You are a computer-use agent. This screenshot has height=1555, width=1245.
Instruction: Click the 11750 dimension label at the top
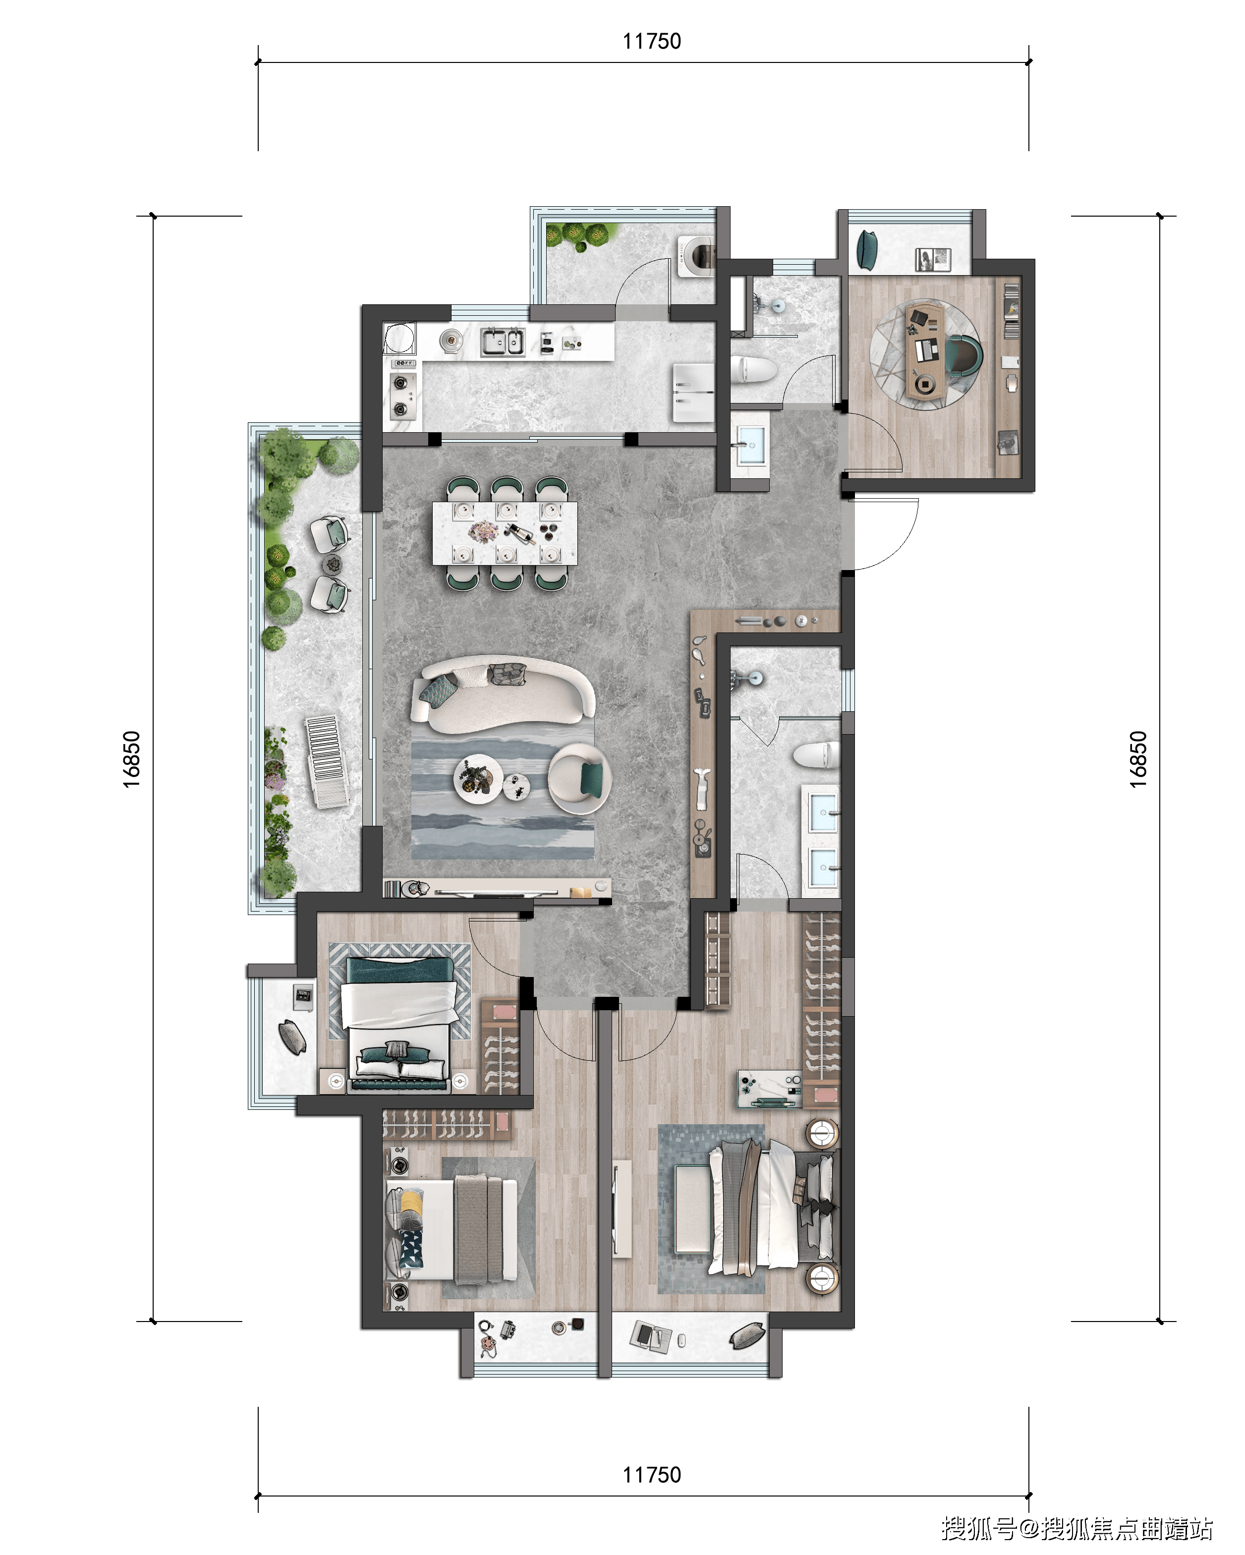pyautogui.click(x=651, y=41)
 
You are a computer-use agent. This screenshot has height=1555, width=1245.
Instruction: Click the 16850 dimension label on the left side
pyautogui.click(x=131, y=759)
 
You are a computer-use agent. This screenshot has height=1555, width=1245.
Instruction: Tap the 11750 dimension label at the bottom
pyautogui.click(x=651, y=1475)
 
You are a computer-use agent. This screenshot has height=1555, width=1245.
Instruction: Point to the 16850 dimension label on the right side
pyautogui.click(x=1138, y=759)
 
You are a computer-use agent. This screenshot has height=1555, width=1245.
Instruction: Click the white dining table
pyautogui.click(x=505, y=533)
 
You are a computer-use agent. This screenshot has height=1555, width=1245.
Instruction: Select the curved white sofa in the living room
pyautogui.click(x=503, y=694)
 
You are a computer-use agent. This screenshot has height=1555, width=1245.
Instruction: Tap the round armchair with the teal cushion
pyautogui.click(x=579, y=779)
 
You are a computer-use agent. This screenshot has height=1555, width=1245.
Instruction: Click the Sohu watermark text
pyautogui.click(x=1076, y=1528)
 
